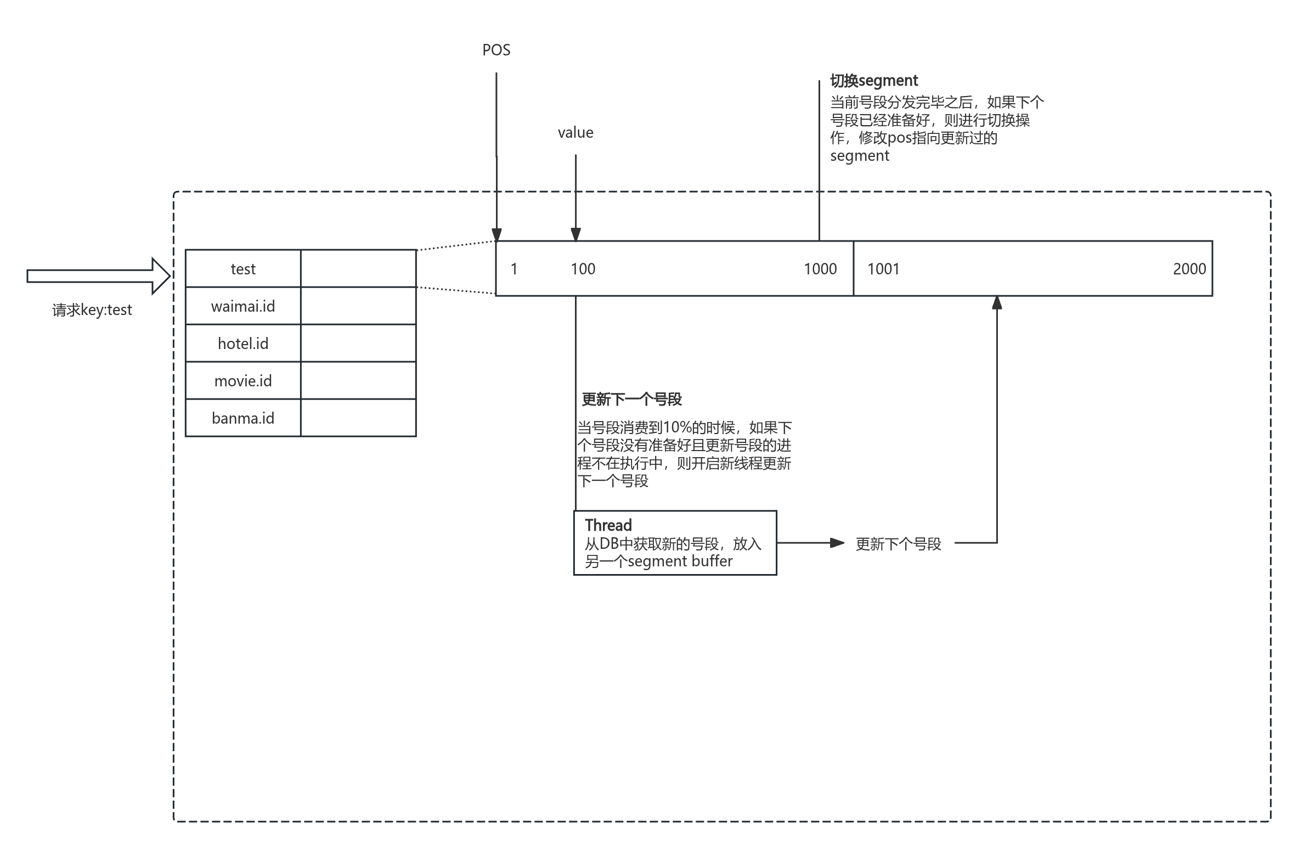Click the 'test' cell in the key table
point(243,269)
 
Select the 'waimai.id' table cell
point(243,306)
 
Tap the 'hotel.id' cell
point(243,344)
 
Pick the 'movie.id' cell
point(243,381)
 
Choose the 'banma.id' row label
point(243,418)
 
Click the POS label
point(496,50)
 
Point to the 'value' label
point(575,133)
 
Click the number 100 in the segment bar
point(583,269)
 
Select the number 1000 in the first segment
point(820,269)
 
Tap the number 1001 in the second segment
point(883,269)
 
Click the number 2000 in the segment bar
point(1189,269)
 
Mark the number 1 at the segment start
point(514,269)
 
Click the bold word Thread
point(608,525)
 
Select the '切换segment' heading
point(874,81)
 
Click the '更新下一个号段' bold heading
point(631,400)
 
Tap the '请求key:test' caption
point(92,310)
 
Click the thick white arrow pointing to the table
point(99,275)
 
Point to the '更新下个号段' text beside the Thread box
point(899,544)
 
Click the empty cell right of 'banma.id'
point(358,418)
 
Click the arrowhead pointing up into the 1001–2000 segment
point(997,303)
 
